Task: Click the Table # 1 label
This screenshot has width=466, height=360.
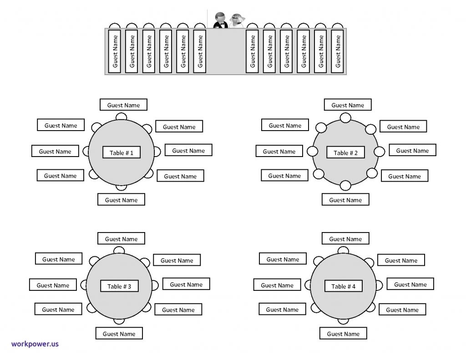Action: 121,152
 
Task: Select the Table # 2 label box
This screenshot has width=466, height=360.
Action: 345,152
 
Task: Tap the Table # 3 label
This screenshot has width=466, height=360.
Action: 119,286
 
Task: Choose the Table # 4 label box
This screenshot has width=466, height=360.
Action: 343,286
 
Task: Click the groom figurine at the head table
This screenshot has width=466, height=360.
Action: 220,20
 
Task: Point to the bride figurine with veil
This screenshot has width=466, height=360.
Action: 237,21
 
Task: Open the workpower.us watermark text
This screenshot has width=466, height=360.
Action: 35,344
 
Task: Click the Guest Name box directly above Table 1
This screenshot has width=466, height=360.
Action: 123,105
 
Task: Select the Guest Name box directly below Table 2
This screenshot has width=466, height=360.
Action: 345,199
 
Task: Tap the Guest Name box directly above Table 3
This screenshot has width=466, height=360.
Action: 121,238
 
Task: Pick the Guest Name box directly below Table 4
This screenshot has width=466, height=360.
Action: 343,333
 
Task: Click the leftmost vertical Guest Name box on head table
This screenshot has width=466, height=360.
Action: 114,51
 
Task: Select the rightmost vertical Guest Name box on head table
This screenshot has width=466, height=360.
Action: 337,51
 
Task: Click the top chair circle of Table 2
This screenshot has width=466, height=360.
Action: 345,118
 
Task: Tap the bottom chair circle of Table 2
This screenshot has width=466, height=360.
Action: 345,185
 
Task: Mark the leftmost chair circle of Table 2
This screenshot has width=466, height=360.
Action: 312,151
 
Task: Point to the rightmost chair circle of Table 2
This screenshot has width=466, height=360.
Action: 379,151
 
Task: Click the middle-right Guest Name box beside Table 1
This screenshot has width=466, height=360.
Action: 188,150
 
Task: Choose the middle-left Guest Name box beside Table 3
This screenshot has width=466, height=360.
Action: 53,285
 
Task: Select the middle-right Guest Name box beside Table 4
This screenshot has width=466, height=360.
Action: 410,284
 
